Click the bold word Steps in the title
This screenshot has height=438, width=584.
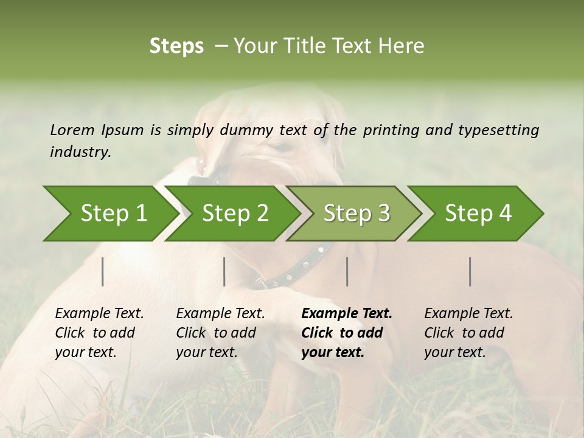pyautogui.click(x=176, y=46)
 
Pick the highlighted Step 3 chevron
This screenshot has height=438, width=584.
pyautogui.click(x=356, y=214)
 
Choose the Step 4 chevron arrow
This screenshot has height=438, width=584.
pyautogui.click(x=478, y=214)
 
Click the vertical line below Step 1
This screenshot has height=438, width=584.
pyautogui.click(x=103, y=271)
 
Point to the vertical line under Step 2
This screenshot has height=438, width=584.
pyautogui.click(x=224, y=271)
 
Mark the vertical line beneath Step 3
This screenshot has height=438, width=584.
pyautogui.click(x=347, y=271)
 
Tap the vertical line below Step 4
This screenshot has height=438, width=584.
pyautogui.click(x=470, y=271)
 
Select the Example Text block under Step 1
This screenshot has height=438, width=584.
pyautogui.click(x=99, y=333)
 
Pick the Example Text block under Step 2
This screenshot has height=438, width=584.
pyautogui.click(x=220, y=333)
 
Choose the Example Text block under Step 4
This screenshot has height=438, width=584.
pyautogui.click(x=468, y=333)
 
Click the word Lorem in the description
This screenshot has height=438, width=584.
pyautogui.click(x=72, y=130)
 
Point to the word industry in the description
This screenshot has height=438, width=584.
pyautogui.click(x=80, y=151)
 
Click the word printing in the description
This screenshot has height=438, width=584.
pyautogui.click(x=388, y=130)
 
